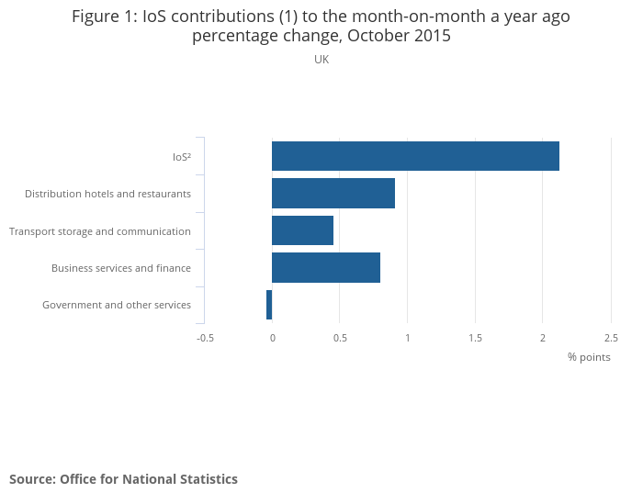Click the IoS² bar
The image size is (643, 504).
(x=415, y=156)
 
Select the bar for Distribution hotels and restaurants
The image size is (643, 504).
(x=333, y=194)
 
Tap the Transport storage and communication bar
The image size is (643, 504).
(x=302, y=230)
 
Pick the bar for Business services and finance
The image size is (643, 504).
(x=326, y=267)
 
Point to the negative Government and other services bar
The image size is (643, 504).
(x=269, y=305)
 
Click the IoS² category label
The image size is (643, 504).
(x=182, y=157)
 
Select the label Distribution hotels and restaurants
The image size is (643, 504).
(x=107, y=194)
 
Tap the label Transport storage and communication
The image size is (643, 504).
(x=100, y=231)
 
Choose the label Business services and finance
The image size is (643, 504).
(x=121, y=268)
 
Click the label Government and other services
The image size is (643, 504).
(x=117, y=305)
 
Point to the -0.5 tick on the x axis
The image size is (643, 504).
(x=205, y=338)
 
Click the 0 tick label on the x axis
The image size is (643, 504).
(x=272, y=338)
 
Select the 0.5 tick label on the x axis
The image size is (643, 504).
(x=340, y=338)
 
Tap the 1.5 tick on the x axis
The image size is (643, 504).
(x=475, y=338)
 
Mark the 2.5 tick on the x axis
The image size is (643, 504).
(x=611, y=338)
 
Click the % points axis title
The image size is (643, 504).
(x=589, y=357)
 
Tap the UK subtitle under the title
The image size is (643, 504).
(x=321, y=60)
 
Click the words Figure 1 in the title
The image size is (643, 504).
(x=104, y=17)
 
